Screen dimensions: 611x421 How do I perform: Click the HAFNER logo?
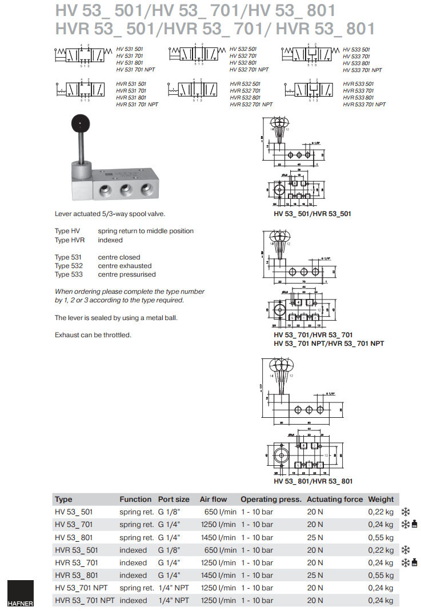[x=20, y=594]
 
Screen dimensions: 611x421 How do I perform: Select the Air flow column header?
[x=213, y=499]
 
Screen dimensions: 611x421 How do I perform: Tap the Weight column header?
[x=381, y=499]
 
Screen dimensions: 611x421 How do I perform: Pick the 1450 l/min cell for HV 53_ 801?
[x=217, y=537]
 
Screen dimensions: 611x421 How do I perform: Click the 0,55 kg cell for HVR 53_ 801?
[x=380, y=575]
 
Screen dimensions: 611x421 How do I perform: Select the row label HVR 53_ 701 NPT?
[x=85, y=600]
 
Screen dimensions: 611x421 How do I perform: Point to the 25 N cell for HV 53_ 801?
[x=315, y=537]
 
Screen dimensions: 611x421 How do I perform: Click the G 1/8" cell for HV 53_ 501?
[x=169, y=512]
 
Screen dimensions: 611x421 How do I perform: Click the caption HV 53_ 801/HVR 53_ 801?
[x=313, y=481]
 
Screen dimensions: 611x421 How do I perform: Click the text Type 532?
[x=69, y=266]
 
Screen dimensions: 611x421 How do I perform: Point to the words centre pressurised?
[x=127, y=274]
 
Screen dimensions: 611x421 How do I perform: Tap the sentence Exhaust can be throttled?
[x=93, y=334]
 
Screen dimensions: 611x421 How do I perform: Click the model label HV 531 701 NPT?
[x=135, y=70]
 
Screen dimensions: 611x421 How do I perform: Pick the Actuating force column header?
[x=335, y=499]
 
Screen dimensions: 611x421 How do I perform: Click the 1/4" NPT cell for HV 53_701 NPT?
[x=174, y=588]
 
